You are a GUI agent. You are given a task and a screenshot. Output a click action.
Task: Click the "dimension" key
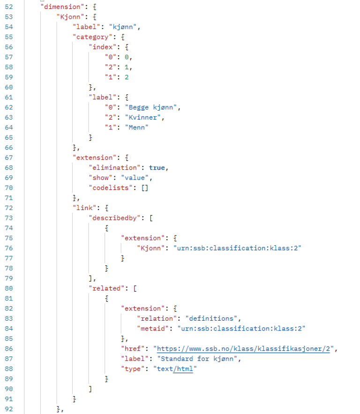(x=62, y=7)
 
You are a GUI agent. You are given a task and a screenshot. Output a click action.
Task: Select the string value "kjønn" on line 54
(x=123, y=27)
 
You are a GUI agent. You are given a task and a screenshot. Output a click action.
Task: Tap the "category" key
(x=92, y=37)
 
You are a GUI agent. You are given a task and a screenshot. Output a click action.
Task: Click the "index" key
(x=102, y=47)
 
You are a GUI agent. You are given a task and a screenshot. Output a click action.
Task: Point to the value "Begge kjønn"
(x=151, y=107)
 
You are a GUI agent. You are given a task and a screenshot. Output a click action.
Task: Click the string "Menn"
(x=136, y=128)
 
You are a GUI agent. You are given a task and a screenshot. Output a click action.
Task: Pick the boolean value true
(x=157, y=168)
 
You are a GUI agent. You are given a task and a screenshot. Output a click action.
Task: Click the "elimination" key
(x=114, y=168)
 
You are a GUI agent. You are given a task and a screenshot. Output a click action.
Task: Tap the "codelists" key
(x=110, y=188)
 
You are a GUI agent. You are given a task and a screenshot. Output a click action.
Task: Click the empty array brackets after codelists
(x=145, y=188)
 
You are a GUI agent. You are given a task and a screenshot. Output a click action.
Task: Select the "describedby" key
(x=114, y=218)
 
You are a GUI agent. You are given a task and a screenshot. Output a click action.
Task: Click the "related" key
(x=106, y=288)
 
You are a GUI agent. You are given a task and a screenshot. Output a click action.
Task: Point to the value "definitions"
(x=211, y=318)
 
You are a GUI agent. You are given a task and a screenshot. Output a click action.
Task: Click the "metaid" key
(x=153, y=329)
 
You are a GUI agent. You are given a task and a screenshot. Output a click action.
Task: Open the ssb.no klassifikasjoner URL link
(x=243, y=349)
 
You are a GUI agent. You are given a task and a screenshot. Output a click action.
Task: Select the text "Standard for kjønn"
(x=197, y=359)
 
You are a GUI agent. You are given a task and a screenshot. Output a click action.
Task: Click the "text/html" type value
(x=175, y=369)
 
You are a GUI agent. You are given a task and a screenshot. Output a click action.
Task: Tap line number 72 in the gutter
(x=9, y=208)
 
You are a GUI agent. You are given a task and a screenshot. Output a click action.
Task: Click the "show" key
(x=100, y=178)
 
